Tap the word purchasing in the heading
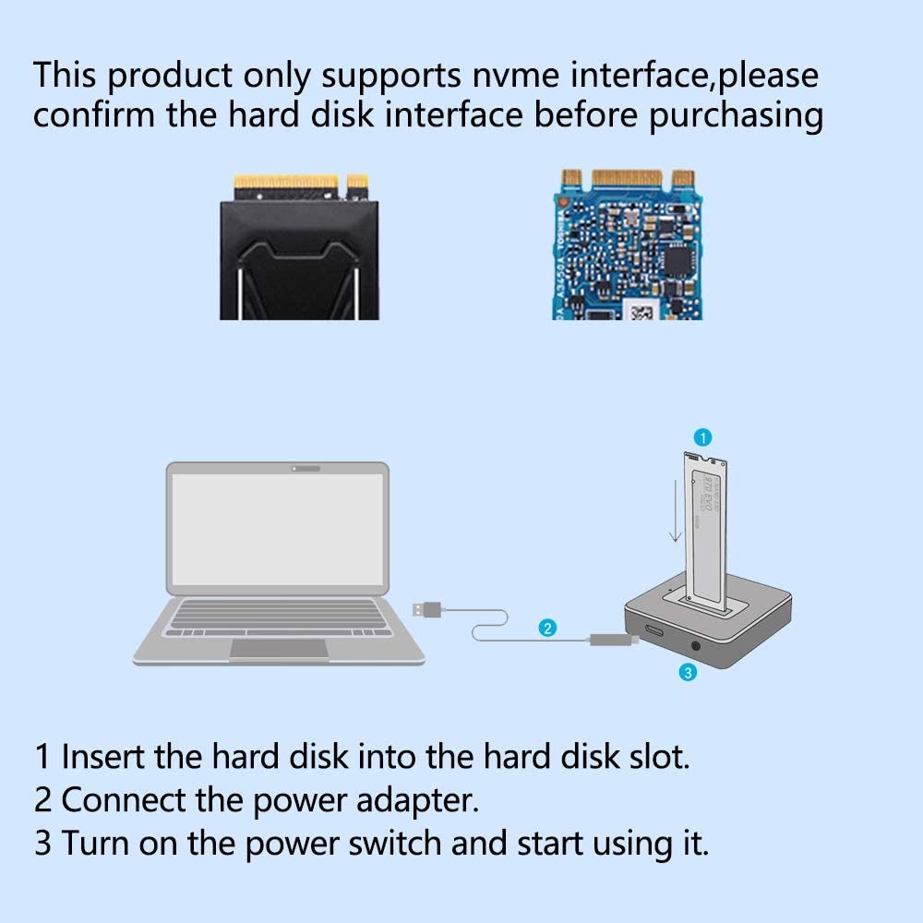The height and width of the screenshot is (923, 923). (x=736, y=116)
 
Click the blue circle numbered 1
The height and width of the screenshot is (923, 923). (x=702, y=438)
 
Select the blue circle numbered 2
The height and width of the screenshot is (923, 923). (x=547, y=628)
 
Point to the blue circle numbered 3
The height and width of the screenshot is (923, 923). (x=688, y=672)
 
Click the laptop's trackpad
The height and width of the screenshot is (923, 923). (x=279, y=648)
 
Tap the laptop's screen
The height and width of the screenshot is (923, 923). (x=278, y=529)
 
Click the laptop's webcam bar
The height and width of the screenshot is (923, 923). (x=306, y=469)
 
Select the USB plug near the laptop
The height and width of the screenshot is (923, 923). (x=427, y=610)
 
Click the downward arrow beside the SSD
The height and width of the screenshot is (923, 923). (x=676, y=510)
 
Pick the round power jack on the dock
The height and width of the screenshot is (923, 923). (x=695, y=646)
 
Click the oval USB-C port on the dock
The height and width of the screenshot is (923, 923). (x=654, y=632)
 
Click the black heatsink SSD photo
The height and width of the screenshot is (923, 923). (x=300, y=247)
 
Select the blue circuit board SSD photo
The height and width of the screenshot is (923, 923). (x=627, y=245)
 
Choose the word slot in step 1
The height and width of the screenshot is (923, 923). (x=659, y=757)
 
